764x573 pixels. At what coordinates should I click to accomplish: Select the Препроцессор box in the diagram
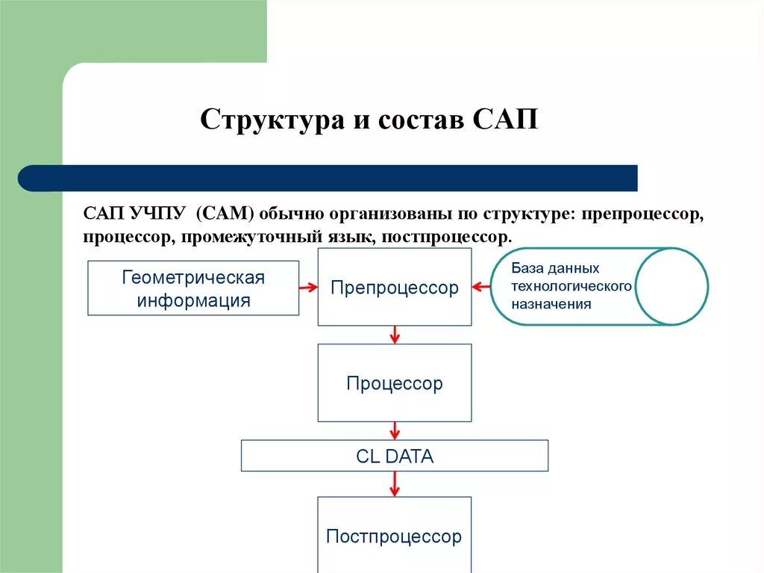[394, 288]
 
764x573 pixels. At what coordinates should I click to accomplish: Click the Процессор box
[394, 383]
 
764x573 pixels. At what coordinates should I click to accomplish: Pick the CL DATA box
[394, 456]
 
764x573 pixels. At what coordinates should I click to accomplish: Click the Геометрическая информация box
[193, 288]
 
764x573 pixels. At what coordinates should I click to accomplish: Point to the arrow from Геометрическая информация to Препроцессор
[308, 287]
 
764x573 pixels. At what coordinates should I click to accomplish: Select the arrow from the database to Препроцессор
[480, 287]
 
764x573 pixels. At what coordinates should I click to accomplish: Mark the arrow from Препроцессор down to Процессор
[395, 335]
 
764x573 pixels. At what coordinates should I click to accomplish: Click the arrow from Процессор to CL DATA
[395, 430]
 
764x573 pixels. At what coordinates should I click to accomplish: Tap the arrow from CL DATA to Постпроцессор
[395, 483]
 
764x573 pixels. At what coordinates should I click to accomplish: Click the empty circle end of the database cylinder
[671, 286]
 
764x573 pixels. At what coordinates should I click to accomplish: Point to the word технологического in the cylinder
[572, 286]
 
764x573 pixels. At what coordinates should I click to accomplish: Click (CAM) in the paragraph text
[226, 215]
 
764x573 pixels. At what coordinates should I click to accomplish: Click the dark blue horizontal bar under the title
[328, 179]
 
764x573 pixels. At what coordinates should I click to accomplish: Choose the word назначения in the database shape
[551, 304]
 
